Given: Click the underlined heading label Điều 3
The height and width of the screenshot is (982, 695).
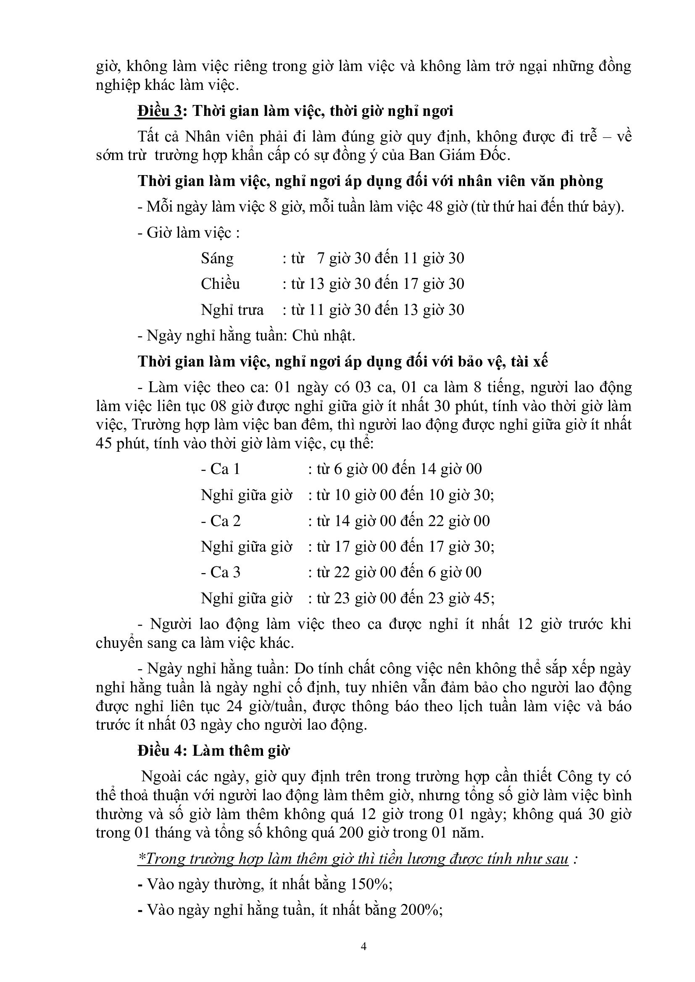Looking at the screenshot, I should (x=160, y=111).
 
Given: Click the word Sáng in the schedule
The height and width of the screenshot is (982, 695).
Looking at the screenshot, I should (x=217, y=259).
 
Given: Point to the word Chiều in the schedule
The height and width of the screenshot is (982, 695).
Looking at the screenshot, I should (x=221, y=284).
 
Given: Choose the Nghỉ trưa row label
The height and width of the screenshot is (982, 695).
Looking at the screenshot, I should (x=232, y=310).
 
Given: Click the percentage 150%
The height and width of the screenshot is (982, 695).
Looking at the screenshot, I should (x=370, y=884).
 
